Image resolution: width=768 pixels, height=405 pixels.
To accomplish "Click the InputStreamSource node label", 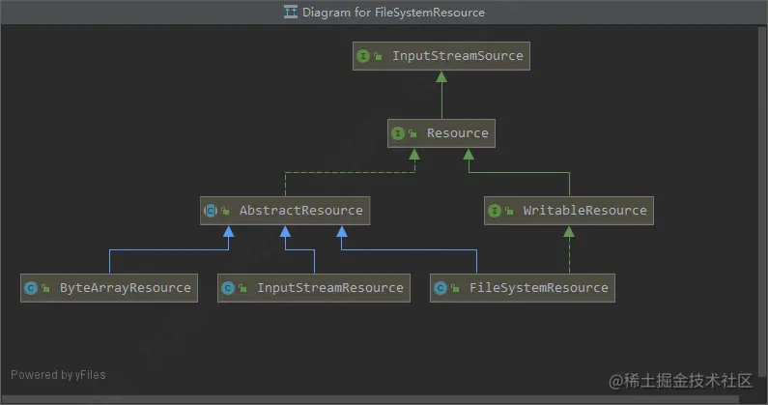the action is (x=458, y=56).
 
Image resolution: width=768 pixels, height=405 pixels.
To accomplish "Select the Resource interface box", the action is (x=441, y=133).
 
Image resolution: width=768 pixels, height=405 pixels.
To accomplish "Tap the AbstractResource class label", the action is (x=300, y=211).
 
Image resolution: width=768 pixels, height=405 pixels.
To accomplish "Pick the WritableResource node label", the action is (x=584, y=211).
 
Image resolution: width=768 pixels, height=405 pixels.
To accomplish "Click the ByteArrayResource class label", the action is (x=126, y=288).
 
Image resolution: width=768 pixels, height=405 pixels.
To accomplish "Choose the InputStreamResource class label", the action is (x=330, y=288).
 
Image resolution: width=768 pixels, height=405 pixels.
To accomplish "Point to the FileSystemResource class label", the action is (x=539, y=288).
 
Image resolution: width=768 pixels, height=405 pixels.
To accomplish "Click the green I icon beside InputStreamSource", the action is (x=363, y=56).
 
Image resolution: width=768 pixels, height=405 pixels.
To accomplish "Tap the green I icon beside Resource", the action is (x=398, y=133).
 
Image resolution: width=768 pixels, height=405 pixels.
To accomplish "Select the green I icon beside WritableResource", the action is (x=495, y=211).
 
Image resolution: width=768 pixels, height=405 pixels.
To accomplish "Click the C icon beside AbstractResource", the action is (x=211, y=211).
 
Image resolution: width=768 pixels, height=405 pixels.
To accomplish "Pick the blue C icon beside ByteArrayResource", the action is (x=31, y=288).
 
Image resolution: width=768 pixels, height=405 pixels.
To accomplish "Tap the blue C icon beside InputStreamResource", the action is (x=228, y=288).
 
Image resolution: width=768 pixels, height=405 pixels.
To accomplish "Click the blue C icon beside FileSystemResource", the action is (x=441, y=288).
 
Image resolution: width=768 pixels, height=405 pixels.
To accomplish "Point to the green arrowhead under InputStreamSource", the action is (x=441, y=77).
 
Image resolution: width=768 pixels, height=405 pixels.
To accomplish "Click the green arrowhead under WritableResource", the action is (x=569, y=231).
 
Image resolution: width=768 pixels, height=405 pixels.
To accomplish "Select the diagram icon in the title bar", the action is (x=291, y=12).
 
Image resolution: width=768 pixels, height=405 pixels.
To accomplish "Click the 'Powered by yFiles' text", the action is (x=58, y=375).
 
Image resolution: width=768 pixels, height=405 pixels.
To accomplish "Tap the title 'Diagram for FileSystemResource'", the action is (x=393, y=13).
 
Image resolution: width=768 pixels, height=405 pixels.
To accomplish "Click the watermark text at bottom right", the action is (x=680, y=381).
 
